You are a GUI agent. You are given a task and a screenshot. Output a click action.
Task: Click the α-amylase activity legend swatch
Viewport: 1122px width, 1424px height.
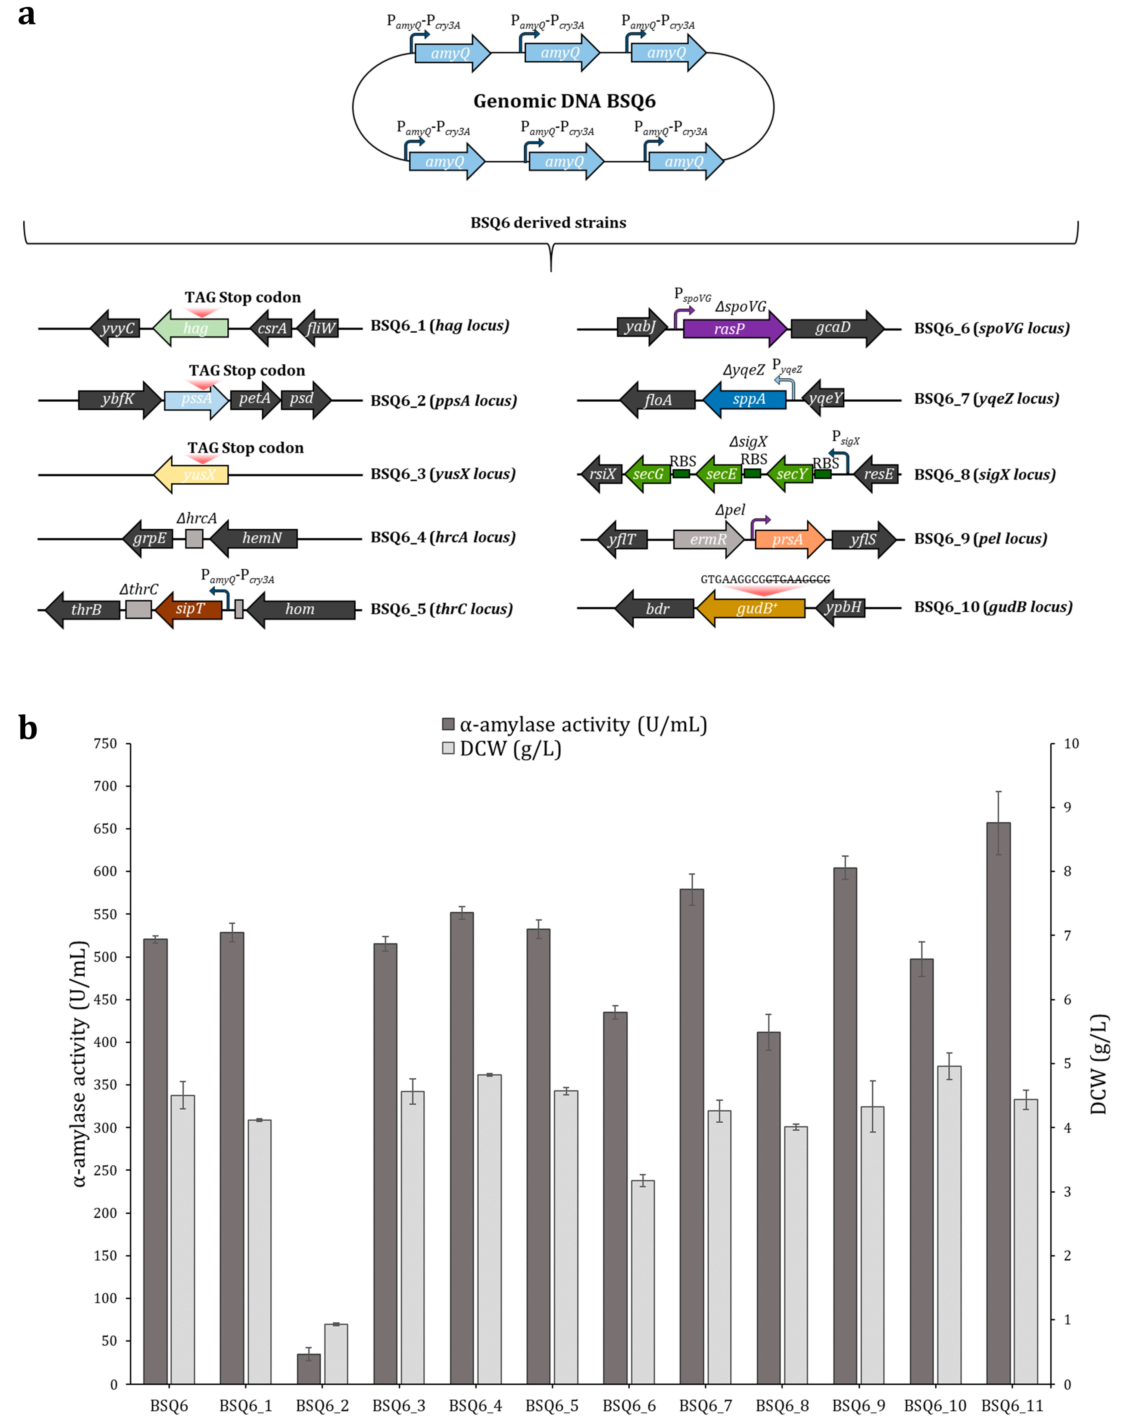click(449, 724)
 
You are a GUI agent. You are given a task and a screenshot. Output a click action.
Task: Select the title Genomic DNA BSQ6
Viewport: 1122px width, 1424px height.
click(564, 101)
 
